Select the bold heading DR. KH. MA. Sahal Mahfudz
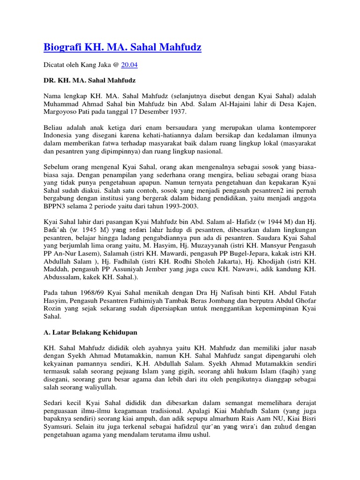pos(90,80)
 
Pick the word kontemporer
pos(293,128)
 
